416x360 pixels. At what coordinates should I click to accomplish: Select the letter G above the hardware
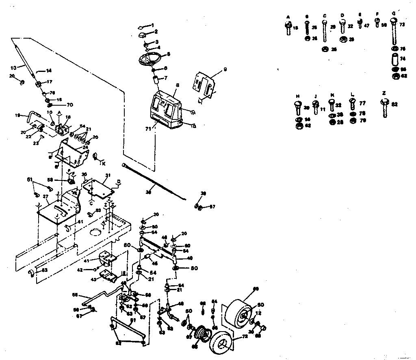(394, 14)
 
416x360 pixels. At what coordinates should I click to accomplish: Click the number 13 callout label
(13, 67)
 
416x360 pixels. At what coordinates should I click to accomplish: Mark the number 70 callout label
(59, 104)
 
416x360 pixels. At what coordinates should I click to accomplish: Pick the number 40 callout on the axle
(189, 258)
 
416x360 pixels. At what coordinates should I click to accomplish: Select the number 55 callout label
(74, 295)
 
